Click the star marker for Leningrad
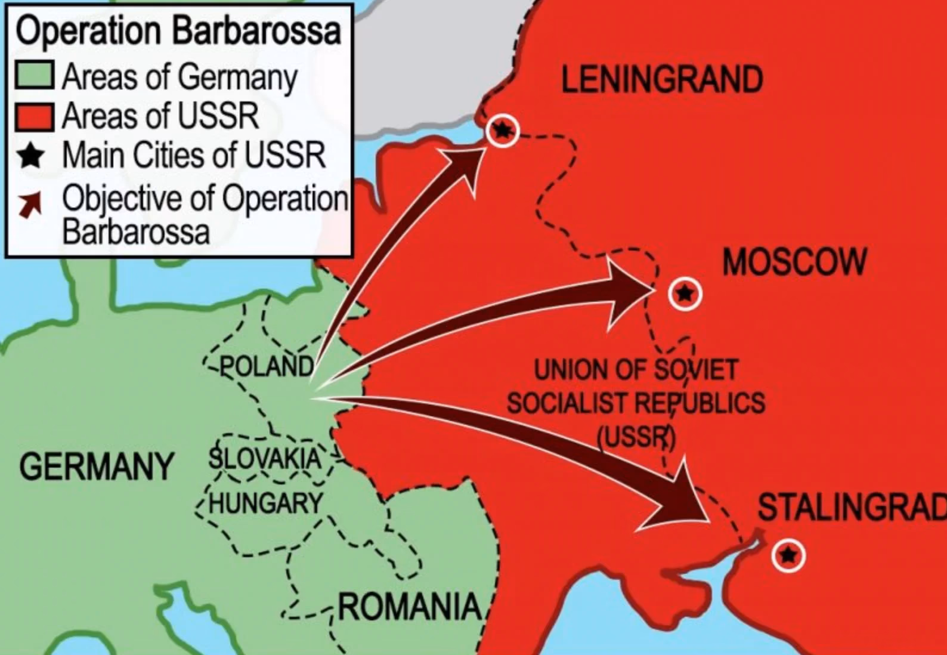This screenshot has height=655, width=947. coord(502,130)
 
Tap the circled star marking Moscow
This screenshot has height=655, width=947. coord(685,293)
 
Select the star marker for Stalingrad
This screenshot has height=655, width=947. coord(788,555)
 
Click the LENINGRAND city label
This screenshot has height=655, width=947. coord(662,80)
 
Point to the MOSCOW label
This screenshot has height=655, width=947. coord(794,262)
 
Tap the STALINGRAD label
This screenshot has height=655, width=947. coord(852,508)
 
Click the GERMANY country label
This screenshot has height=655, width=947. coord(96,466)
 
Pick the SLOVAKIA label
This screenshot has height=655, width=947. coord(264,459)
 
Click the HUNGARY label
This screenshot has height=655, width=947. coord(266,503)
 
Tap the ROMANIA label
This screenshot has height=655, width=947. coord(410,607)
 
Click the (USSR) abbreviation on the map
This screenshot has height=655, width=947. coord(636,438)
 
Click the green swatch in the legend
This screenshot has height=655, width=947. coord(35,76)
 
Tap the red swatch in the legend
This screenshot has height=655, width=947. coord(35,116)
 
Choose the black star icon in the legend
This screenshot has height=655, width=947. coord(31,156)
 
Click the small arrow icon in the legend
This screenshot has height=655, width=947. coord(30,205)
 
